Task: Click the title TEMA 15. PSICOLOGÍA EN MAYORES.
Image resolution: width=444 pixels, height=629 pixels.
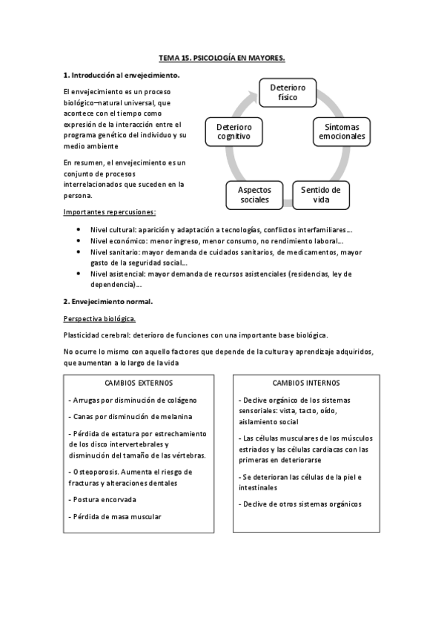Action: click(222, 56)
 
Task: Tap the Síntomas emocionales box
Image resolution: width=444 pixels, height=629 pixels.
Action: click(342, 131)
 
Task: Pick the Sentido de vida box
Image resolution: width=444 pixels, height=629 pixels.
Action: click(321, 194)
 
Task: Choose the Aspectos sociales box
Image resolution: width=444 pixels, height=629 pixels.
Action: click(254, 195)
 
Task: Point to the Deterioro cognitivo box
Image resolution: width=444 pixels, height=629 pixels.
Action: click(233, 131)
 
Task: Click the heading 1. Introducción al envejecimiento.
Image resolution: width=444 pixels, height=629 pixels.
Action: click(122, 75)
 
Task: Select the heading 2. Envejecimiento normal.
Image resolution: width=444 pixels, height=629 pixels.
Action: click(108, 301)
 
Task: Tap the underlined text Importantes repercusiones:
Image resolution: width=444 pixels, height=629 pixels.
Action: click(110, 212)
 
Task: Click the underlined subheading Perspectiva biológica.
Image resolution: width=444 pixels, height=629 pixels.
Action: click(99, 318)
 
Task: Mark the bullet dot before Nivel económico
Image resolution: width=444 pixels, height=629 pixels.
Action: click(79, 242)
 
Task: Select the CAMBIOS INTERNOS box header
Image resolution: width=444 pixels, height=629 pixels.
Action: click(307, 383)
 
